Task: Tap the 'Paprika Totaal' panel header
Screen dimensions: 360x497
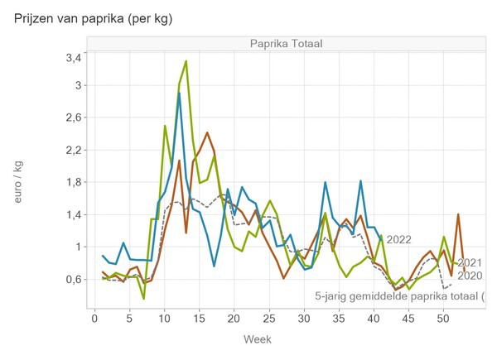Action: point(286,44)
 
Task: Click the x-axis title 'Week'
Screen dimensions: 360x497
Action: point(257,339)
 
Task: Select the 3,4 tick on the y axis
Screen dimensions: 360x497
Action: point(73,58)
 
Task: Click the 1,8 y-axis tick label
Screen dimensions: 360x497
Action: point(73,182)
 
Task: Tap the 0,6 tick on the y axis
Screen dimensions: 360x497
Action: point(73,279)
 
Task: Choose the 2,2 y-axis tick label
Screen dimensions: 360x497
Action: point(73,150)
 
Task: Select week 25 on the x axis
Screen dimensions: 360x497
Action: point(268,317)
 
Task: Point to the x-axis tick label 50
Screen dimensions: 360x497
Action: point(442,317)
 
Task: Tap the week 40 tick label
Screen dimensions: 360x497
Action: point(373,317)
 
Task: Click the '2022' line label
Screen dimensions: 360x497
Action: point(398,240)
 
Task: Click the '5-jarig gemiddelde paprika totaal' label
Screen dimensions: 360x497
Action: point(401,295)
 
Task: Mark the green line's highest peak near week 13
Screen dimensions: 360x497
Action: point(186,61)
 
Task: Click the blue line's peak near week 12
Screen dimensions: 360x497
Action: point(179,94)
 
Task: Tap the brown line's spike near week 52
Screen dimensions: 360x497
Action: point(457,214)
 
